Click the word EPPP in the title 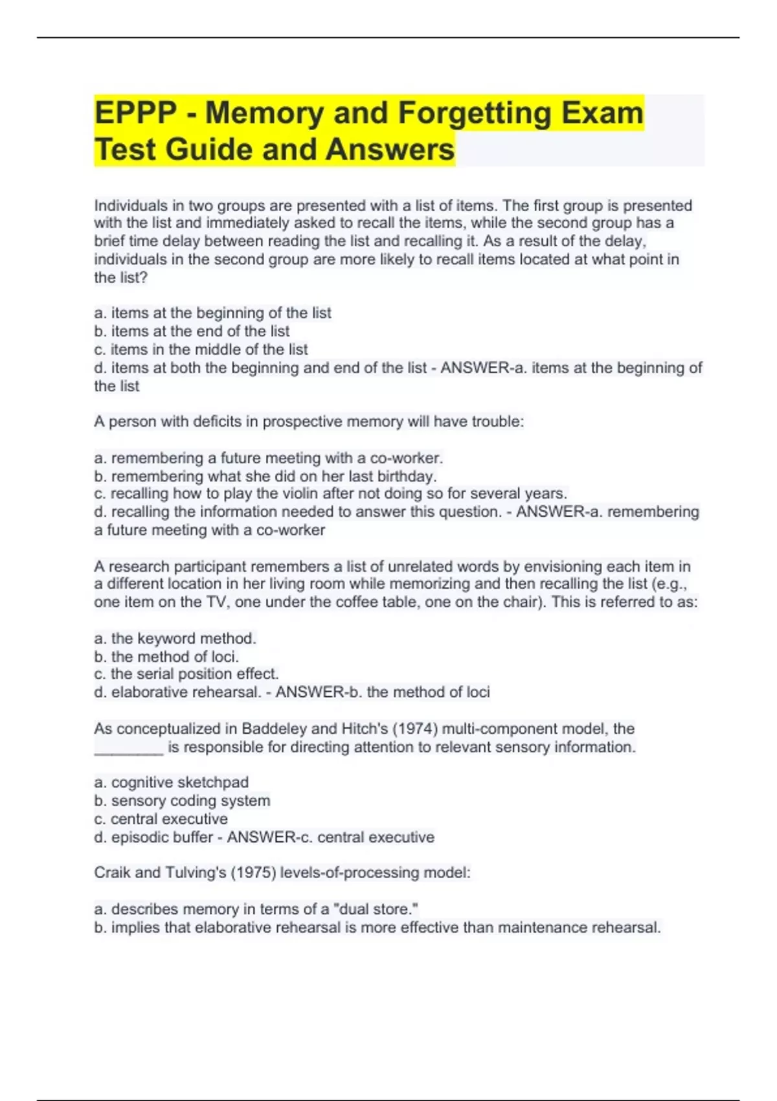click(135, 113)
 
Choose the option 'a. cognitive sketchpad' click(171, 782)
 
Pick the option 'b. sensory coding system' click(182, 800)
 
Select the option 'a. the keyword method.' click(175, 639)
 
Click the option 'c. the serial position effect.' click(186, 674)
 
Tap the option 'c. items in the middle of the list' click(201, 350)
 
